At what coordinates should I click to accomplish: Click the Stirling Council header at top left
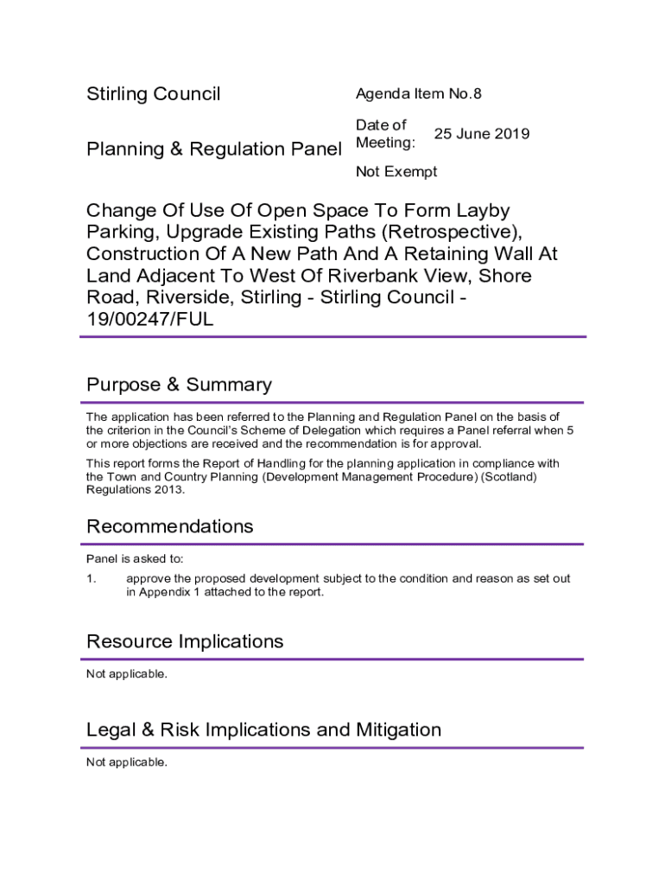click(x=153, y=94)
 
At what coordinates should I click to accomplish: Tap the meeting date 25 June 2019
click(x=481, y=134)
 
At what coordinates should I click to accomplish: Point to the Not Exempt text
click(x=396, y=172)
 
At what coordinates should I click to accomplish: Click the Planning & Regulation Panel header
click(x=214, y=150)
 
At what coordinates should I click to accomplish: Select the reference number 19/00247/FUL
click(x=149, y=320)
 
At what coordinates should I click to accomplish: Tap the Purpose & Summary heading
click(x=179, y=385)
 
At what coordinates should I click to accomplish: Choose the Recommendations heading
click(x=169, y=526)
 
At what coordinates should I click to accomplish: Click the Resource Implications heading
click(x=185, y=641)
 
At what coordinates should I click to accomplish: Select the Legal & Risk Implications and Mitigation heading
click(x=263, y=729)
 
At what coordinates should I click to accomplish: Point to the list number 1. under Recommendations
click(x=92, y=578)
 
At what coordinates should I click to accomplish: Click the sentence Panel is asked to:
click(x=134, y=559)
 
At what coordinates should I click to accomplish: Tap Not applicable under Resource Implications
click(x=126, y=674)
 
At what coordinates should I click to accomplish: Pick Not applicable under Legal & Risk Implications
click(x=126, y=762)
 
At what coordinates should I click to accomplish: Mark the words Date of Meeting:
click(x=385, y=134)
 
